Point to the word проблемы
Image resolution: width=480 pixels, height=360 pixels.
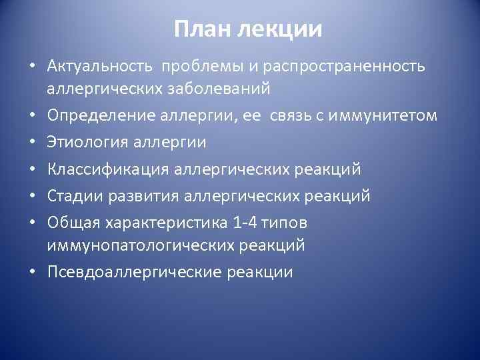click(x=202, y=67)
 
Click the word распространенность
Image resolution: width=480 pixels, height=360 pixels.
click(x=343, y=67)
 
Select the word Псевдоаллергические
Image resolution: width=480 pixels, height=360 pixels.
click(x=132, y=272)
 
